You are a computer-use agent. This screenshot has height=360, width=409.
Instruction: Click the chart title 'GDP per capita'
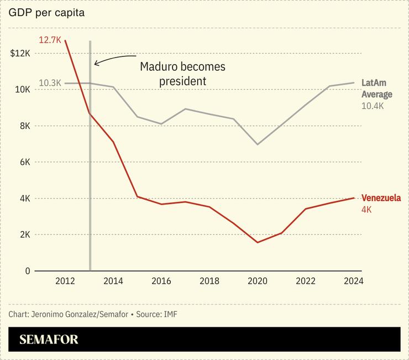point(46,13)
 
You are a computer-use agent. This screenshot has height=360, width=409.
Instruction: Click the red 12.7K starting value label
point(50,40)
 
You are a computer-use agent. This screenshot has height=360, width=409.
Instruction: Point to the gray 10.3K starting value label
point(50,83)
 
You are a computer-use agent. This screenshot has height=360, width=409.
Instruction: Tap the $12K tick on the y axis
point(20,54)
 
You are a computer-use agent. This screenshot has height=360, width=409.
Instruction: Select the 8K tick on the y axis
point(24,126)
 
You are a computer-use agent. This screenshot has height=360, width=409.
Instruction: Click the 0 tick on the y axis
point(27,271)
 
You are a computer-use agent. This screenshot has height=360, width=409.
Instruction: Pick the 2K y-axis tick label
point(24,234)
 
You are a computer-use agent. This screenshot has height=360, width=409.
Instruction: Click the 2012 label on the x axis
point(65,281)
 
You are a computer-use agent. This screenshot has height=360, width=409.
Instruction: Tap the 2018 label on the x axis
point(209,281)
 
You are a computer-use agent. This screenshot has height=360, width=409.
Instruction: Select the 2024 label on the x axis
point(353,281)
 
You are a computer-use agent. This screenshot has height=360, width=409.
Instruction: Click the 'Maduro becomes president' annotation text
point(182,74)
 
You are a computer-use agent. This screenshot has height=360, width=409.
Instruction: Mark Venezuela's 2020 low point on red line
point(258,242)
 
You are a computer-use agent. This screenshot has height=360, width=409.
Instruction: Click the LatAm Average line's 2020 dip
point(258,144)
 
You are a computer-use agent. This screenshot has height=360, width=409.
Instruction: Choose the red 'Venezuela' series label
point(381,198)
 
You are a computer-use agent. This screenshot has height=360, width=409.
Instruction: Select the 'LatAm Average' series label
point(376,88)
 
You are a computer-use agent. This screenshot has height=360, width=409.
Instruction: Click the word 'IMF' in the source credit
point(171,314)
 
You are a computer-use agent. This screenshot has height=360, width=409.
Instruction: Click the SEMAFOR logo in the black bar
point(49,340)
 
